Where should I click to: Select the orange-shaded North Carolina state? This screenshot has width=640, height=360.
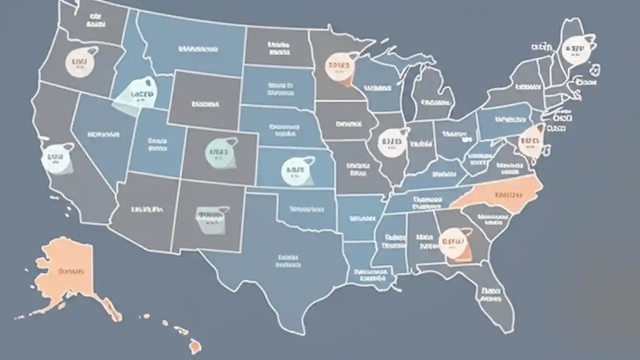pos(505,194)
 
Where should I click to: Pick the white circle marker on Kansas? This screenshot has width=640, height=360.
pos(295,170)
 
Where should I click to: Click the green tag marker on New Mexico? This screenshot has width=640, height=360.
pos(210,217)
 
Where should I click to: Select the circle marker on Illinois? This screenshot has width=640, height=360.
pos(390,141)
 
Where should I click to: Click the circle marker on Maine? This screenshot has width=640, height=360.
pos(575,50)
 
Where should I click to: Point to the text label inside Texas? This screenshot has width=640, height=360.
pos(287,260)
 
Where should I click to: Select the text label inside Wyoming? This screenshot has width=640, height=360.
pos(205,104)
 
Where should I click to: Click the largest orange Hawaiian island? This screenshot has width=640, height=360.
pos(194,345)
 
